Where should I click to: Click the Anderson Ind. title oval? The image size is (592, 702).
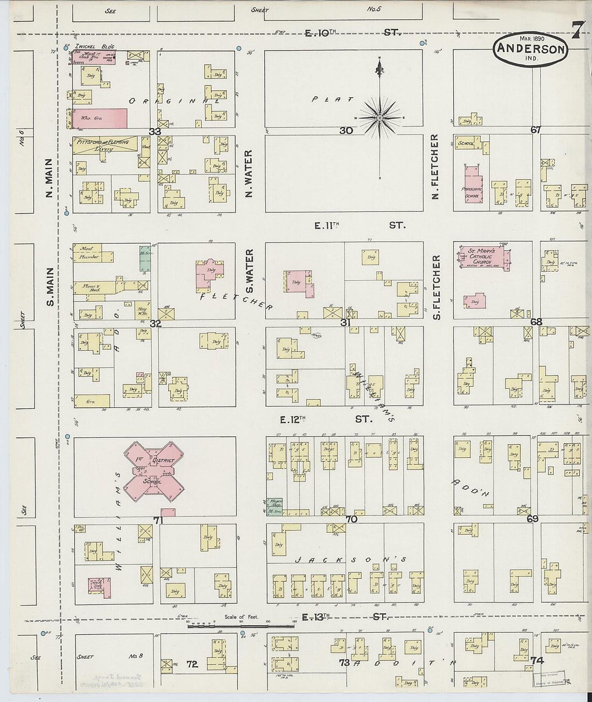point(530,49)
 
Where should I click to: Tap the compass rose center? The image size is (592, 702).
point(380,117)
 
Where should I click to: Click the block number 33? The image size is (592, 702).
point(156,131)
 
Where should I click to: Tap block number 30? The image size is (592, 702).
point(346,130)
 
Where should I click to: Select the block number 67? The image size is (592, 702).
point(535,130)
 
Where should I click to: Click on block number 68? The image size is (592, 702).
point(536,322)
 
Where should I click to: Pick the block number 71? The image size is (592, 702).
point(158,520)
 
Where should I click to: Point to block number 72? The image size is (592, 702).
point(192,664)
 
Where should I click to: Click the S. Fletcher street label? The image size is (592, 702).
point(436,287)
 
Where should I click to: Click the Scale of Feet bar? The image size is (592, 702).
point(242,626)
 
